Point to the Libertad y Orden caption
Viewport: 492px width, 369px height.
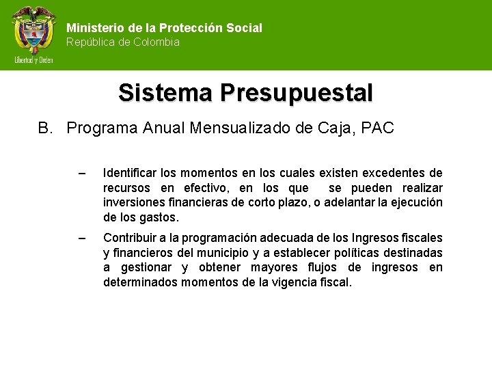(33, 59)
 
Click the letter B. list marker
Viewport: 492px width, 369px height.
(45, 128)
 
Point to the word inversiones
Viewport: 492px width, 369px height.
(133, 202)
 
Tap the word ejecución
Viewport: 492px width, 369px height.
(418, 202)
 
